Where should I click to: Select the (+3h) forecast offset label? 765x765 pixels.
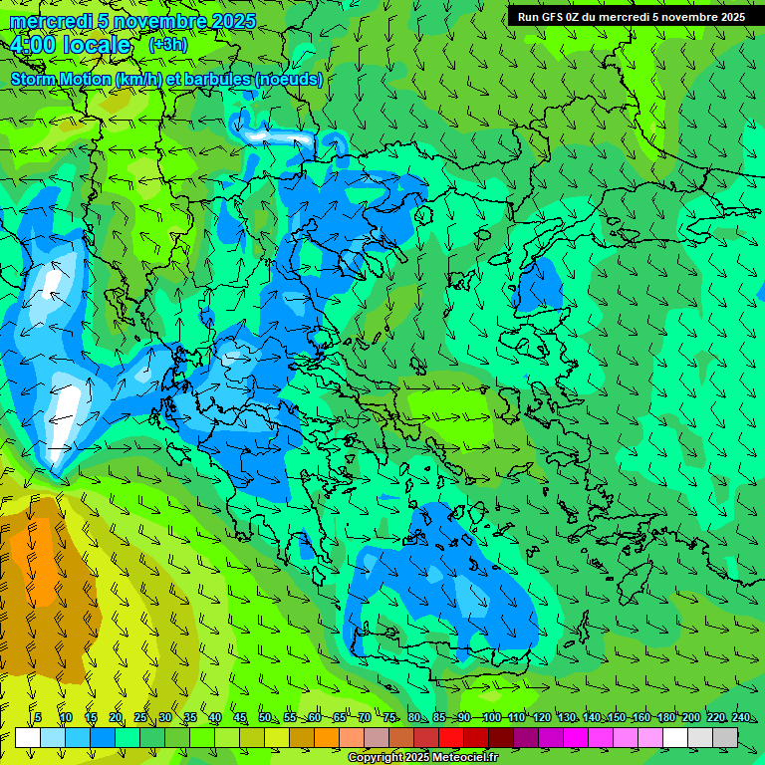point(167,44)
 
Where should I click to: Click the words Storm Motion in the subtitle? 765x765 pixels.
point(61,79)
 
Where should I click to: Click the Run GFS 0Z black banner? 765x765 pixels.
point(631,16)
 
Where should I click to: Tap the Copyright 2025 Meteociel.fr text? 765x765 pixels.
point(423,757)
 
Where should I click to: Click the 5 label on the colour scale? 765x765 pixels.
point(38,717)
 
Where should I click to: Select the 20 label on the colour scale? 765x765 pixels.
point(116,717)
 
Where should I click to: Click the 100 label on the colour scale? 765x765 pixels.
point(491,717)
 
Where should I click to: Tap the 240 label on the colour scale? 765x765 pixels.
point(741,717)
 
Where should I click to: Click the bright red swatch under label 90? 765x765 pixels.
point(451,737)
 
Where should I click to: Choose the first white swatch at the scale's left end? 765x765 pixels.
point(28,737)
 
